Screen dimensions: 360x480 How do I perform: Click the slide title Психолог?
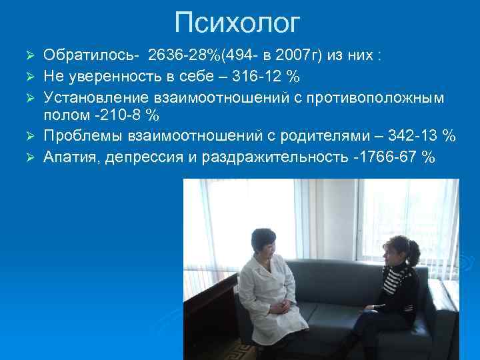click(237, 23)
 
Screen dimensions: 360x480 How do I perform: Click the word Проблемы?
click(83, 137)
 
